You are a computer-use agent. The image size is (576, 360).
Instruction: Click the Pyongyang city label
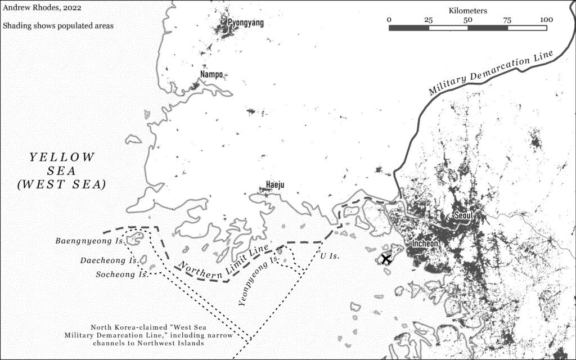point(245,23)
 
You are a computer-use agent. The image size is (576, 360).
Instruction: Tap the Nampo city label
point(211,74)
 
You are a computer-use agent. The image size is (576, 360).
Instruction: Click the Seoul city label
point(464,215)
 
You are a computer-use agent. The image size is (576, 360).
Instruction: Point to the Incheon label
point(425,244)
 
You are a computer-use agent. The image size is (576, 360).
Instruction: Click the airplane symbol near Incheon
point(386,259)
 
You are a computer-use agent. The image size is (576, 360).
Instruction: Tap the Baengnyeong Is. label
point(89,241)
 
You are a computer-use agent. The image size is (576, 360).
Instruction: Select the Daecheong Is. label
point(109,261)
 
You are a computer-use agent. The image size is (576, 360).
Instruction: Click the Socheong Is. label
point(115,274)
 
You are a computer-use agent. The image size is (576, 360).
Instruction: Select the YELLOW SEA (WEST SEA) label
point(62,170)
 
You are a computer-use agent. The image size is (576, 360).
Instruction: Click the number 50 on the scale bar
point(467,20)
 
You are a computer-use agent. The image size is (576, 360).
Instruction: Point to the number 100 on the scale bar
point(546,20)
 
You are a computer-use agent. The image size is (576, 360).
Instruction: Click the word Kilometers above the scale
point(468,10)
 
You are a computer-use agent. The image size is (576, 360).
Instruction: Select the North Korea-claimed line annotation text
point(151,335)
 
